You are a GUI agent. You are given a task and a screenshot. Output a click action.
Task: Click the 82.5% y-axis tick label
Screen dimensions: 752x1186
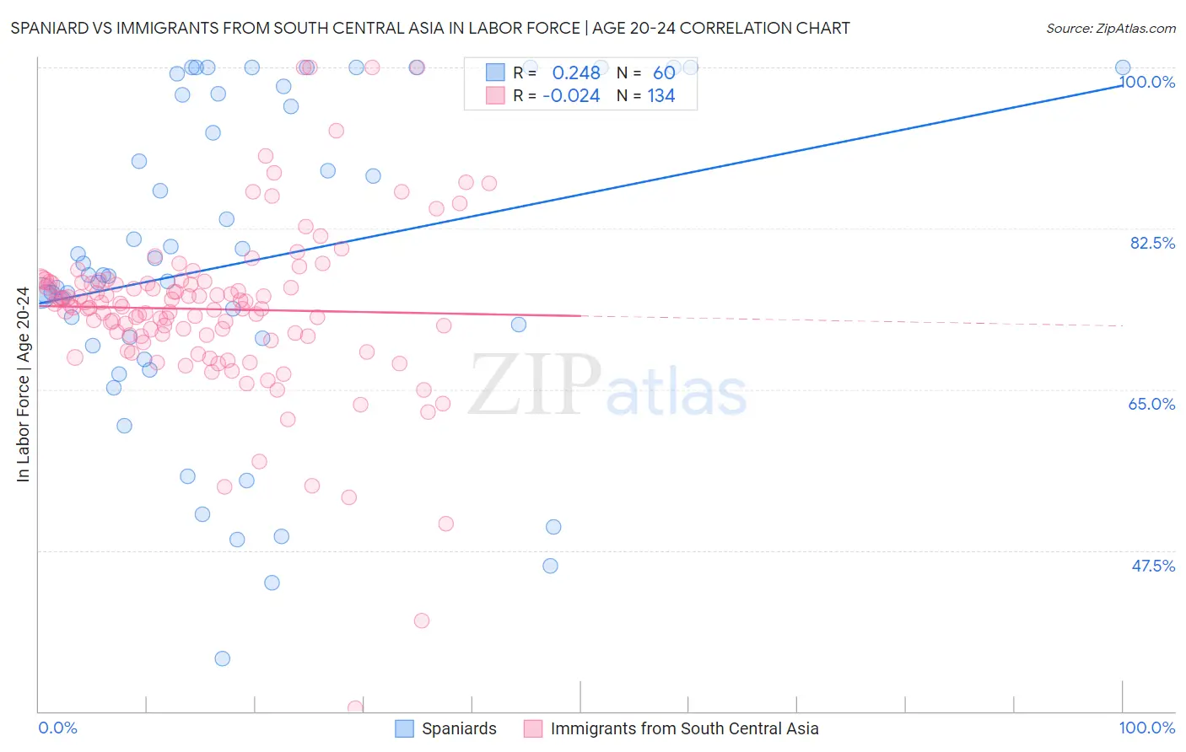pos(1152,243)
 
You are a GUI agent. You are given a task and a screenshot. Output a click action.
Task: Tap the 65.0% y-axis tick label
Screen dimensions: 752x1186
pos(1151,404)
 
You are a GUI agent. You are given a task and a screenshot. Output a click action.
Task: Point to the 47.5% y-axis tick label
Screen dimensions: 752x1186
pos(1153,566)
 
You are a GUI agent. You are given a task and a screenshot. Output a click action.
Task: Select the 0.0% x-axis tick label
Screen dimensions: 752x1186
pos(57,728)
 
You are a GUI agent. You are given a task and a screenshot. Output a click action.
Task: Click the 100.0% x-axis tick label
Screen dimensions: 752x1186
pos(1146,728)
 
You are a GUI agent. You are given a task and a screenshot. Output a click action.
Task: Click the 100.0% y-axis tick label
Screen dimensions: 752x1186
pos(1147,82)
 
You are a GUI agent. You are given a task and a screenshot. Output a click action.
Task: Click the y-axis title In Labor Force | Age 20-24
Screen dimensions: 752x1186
pos(23,384)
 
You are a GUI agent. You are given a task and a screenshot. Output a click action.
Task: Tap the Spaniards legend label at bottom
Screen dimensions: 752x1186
pos(459,729)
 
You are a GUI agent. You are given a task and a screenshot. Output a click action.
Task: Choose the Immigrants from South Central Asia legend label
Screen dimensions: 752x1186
pos(684,729)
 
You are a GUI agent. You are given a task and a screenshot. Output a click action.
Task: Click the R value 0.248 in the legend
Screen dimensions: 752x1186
pos(576,73)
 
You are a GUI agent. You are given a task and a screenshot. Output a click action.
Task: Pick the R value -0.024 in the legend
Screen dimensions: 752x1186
pos(571,96)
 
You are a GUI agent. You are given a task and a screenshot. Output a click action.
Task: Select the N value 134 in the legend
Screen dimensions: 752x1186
pos(661,96)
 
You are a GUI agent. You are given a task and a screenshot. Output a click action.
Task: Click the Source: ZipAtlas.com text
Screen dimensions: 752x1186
pos(1110,29)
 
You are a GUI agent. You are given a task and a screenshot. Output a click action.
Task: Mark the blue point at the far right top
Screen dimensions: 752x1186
pos(1123,67)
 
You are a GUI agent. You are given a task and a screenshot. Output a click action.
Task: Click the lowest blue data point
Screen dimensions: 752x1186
pos(222,658)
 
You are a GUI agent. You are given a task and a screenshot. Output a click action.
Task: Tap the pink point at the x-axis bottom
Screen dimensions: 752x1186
pos(355,708)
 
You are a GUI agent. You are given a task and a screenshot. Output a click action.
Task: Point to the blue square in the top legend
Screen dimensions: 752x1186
pos(495,73)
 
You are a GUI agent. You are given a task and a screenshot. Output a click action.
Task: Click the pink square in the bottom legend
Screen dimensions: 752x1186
pos(532,729)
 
